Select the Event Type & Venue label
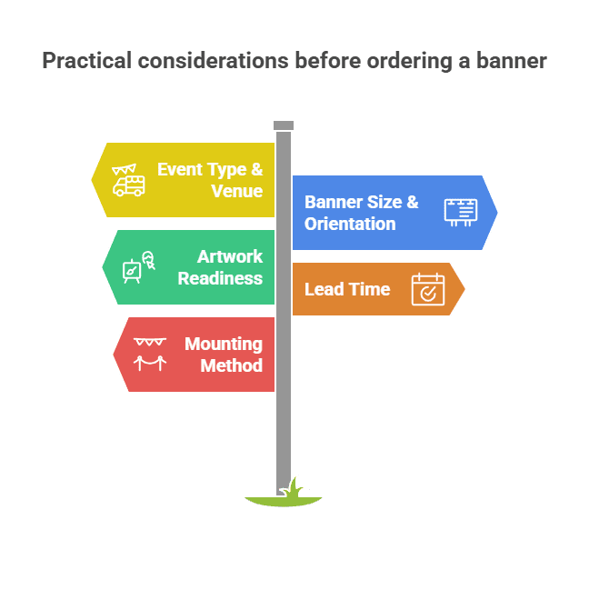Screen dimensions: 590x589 point(210,180)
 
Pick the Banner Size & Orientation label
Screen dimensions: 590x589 point(361,213)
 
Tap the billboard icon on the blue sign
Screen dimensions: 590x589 point(460,212)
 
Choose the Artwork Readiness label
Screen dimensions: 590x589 point(220,267)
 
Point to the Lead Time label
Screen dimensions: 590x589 point(346,289)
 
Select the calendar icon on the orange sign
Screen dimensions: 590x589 point(427,289)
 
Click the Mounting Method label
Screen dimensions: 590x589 point(223,355)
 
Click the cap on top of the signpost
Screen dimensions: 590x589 point(284,125)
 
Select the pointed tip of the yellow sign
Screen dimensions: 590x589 point(92,180)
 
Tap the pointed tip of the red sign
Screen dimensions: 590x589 point(114,355)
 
